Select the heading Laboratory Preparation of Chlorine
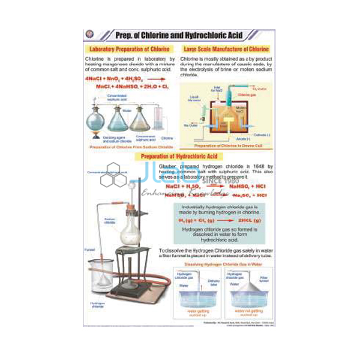point(127,49)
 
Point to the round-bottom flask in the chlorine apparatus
point(95,121)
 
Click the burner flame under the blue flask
point(95,137)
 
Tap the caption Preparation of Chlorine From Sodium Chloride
point(131,146)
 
